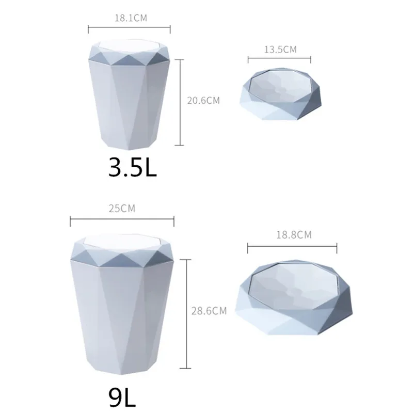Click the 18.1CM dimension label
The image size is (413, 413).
tap(130, 18)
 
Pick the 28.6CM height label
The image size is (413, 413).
tap(210, 311)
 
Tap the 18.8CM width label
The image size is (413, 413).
tap(293, 235)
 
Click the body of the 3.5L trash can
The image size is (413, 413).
tap(129, 108)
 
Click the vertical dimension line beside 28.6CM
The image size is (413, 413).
tap(185, 310)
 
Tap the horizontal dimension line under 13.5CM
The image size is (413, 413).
tap(279, 59)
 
